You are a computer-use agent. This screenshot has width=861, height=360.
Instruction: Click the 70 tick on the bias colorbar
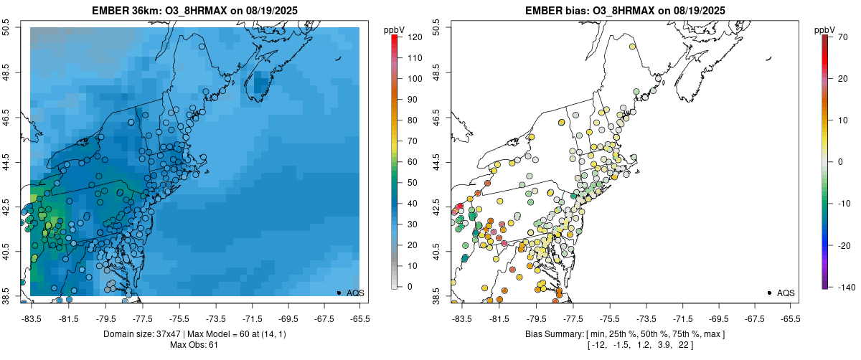(x=841, y=36)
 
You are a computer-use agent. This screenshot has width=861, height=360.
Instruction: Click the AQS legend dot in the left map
(x=339, y=293)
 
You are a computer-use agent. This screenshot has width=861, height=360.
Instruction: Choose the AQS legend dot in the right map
(x=769, y=293)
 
